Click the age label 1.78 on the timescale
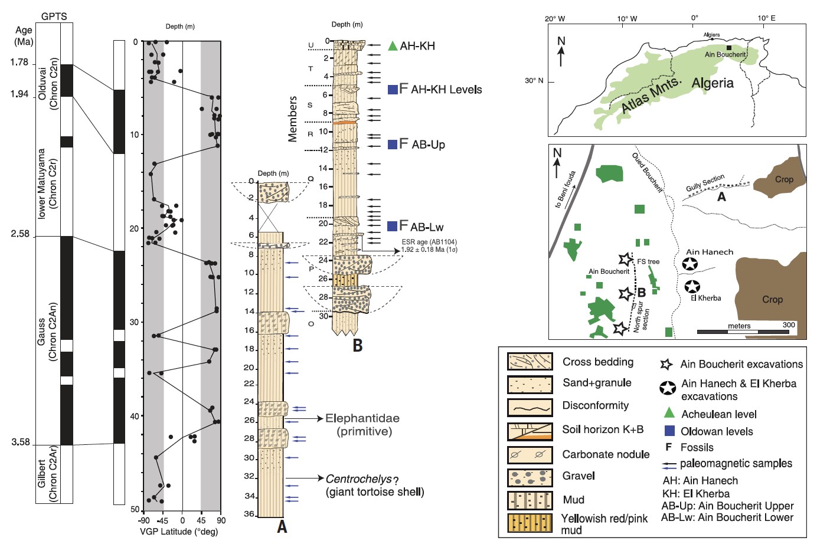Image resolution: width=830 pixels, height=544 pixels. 19,63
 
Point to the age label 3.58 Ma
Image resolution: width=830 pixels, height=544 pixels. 20,443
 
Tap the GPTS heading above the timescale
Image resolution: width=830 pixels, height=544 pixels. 54,17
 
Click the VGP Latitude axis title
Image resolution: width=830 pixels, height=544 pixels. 179,532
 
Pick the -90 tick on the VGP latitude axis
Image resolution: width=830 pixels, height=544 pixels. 144,521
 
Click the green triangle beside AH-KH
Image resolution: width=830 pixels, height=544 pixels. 393,45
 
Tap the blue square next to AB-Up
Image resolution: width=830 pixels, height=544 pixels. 392,145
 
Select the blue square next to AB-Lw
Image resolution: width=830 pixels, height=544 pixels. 392,227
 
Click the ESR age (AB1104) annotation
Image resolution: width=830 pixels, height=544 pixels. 429,245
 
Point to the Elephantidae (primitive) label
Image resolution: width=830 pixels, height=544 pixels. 362,424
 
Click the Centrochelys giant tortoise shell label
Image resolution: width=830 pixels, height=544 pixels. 374,484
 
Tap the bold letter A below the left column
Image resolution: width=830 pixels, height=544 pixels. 282,526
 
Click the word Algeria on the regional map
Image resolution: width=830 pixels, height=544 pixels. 713,83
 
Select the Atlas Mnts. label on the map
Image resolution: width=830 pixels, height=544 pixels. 651,96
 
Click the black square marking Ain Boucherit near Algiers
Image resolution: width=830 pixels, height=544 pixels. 729,48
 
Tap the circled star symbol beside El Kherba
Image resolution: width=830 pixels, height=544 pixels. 692,287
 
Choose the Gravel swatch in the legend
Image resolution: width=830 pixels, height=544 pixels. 530,477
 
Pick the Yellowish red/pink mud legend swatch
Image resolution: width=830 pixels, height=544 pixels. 530,523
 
